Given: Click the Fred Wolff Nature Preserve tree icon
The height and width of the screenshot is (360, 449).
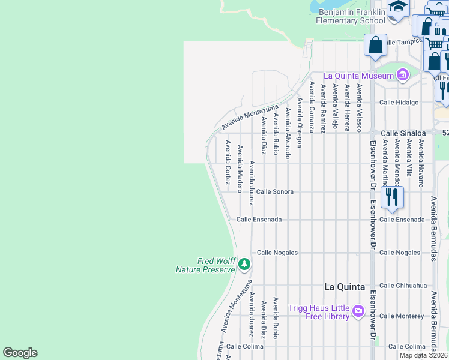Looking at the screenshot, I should pyautogui.click(x=244, y=264).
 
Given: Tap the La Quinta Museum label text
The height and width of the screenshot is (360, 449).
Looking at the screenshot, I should pyautogui.click(x=358, y=76).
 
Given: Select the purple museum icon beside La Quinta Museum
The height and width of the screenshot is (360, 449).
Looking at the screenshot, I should pyautogui.click(x=402, y=76).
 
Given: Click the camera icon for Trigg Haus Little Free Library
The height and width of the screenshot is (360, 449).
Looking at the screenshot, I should pyautogui.click(x=358, y=311).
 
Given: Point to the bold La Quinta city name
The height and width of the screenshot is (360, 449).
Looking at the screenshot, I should pyautogui.click(x=345, y=287).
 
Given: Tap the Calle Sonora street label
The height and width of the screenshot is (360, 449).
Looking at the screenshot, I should pyautogui.click(x=274, y=192).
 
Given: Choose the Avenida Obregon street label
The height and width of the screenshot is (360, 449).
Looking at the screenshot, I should pyautogui.click(x=299, y=122).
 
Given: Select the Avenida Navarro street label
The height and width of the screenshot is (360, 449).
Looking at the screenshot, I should pyautogui.click(x=421, y=163).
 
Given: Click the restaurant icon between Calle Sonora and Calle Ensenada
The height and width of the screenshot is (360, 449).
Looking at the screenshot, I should pyautogui.click(x=391, y=197).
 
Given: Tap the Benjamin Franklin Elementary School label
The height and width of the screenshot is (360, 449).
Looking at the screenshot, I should pyautogui.click(x=351, y=17).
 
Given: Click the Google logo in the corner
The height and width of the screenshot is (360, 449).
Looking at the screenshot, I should pyautogui.click(x=20, y=353).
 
